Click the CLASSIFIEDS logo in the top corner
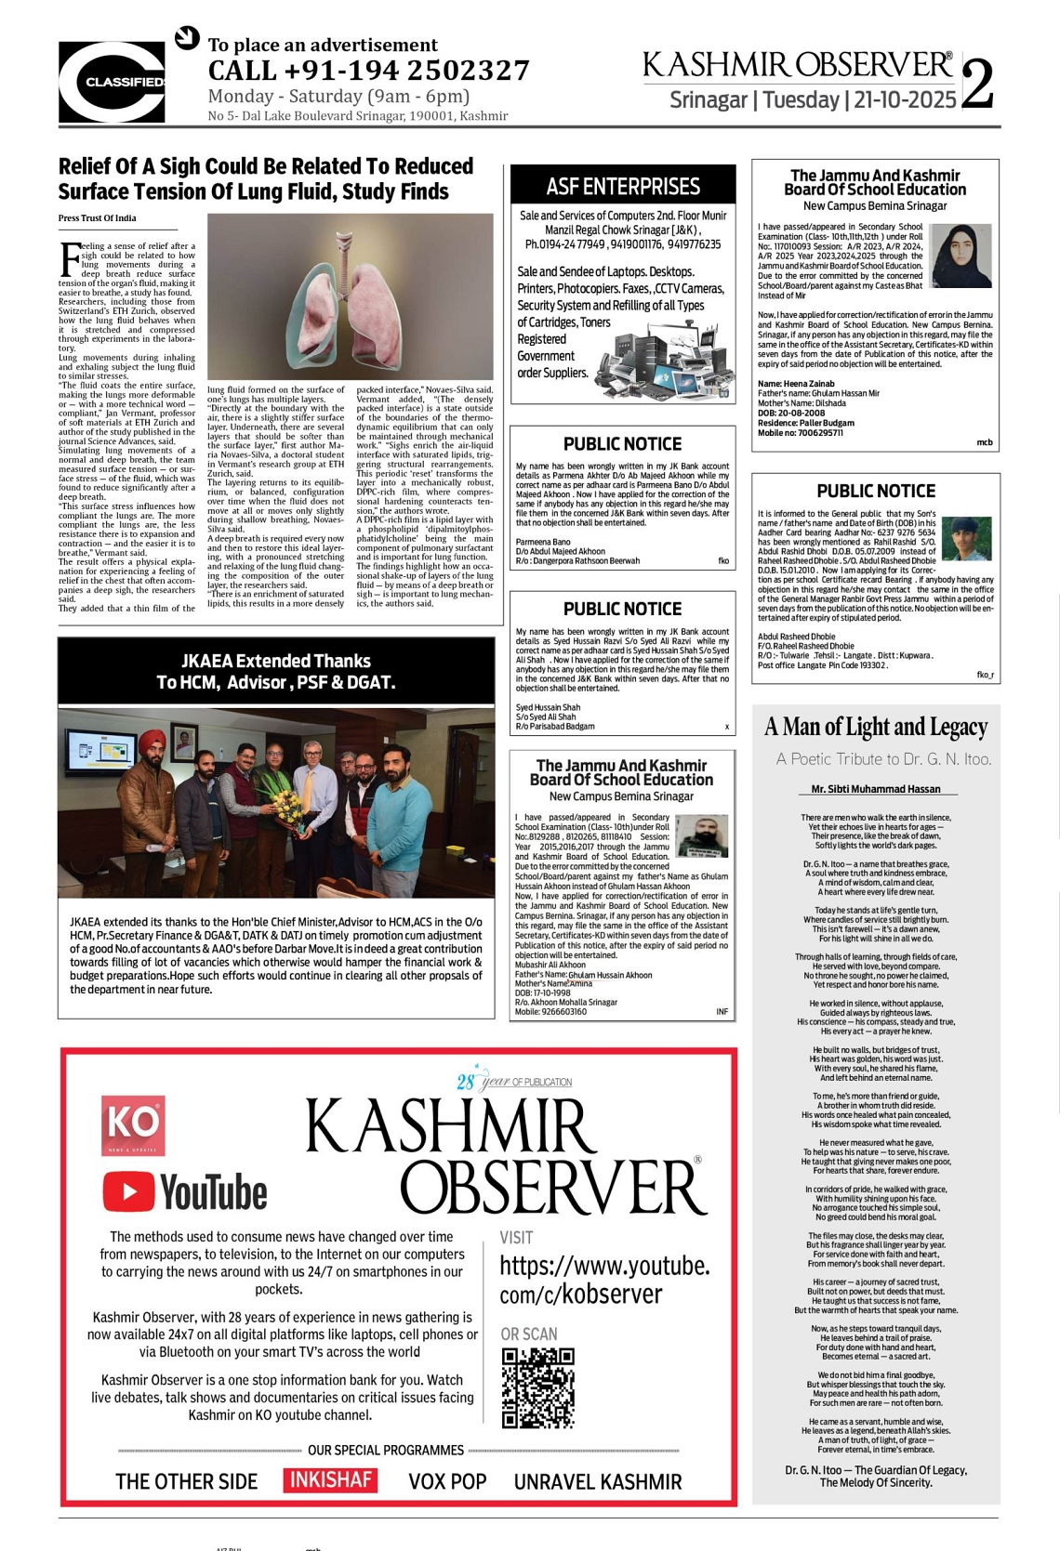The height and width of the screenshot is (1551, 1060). click(x=112, y=82)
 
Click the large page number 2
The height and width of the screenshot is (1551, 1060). click(x=977, y=84)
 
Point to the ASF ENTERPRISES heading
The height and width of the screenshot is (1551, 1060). click(x=623, y=186)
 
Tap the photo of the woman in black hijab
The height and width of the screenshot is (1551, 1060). click(x=961, y=256)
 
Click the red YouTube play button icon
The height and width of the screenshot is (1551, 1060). click(x=128, y=1191)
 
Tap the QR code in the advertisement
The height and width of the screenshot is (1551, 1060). click(x=537, y=1387)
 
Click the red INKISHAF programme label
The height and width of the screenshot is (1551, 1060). click(x=330, y=1479)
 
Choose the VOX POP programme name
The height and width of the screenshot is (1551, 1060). click(x=447, y=1481)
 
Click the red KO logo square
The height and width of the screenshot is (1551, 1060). click(x=133, y=1125)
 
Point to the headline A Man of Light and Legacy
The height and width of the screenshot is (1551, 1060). click(x=876, y=727)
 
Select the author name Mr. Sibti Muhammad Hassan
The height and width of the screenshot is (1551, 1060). click(x=876, y=789)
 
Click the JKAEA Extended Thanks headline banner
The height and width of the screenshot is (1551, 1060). click(x=275, y=671)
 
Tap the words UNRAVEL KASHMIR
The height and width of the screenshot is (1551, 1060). click(x=598, y=1481)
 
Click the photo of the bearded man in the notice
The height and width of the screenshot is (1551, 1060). click(x=701, y=835)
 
